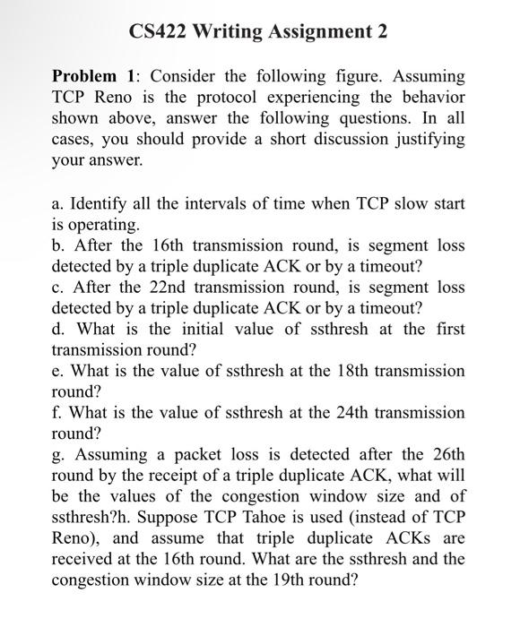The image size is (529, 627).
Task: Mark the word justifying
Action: [421, 140]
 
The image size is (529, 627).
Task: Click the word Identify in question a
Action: [96, 204]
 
